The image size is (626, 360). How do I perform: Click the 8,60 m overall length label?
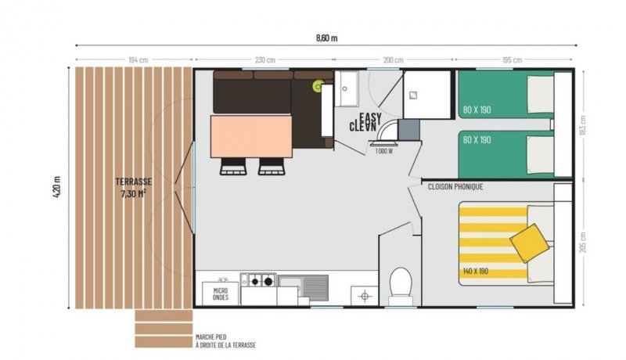coord(326,38)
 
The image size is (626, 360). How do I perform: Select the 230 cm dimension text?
coord(265,59)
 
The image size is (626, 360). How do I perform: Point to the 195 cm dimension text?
coord(512,59)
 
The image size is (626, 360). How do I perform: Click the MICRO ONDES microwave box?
coord(221,294)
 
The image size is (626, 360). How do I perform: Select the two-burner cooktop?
coord(258,281)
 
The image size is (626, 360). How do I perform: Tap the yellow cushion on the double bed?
coord(530,243)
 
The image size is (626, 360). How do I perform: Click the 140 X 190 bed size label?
coord(476,272)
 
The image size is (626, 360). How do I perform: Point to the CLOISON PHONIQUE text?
coord(455,186)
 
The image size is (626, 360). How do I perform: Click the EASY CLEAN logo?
coord(365,122)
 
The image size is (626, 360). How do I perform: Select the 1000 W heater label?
coord(384,151)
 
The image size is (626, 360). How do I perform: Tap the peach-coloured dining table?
coord(251,136)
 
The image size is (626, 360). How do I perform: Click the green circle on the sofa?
coord(318,86)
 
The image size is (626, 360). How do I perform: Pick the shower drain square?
coord(414,95)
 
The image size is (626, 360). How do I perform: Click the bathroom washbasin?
coord(347,88)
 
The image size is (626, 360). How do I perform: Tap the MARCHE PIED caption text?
coord(210,337)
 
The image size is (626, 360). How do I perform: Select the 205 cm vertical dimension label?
coord(583,243)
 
